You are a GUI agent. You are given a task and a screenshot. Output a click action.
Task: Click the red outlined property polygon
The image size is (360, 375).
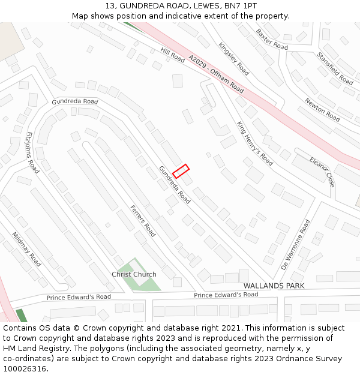pyautogui.click(x=181, y=171)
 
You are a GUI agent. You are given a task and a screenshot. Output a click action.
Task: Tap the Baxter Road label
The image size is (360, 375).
pyautogui.click(x=272, y=38)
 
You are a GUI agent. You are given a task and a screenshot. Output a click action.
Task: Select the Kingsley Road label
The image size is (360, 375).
pyautogui.click(x=233, y=59)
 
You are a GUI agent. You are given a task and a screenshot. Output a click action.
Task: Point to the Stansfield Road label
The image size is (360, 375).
pyautogui.click(x=335, y=68)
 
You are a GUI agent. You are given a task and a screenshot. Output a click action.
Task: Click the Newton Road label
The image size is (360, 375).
pyautogui.click(x=322, y=110)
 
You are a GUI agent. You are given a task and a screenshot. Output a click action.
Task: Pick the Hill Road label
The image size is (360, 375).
pyautogui.click(x=172, y=56)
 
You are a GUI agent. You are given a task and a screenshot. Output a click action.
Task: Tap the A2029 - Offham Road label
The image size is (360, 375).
pyautogui.click(x=216, y=74)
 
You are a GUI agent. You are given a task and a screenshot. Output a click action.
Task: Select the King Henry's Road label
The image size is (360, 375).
pyautogui.click(x=254, y=143)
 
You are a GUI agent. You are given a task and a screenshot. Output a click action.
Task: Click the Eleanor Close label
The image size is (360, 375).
pyautogui.click(x=322, y=172)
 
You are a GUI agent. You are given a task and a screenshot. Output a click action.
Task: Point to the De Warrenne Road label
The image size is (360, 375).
pyautogui.click(x=295, y=244)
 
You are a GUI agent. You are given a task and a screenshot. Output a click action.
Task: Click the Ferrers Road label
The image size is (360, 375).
pyautogui.click(x=143, y=221)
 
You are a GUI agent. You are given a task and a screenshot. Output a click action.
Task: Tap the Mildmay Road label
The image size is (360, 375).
pyautogui.click(x=26, y=250)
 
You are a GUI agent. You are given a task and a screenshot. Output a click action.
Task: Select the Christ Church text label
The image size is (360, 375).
pyautogui.click(x=134, y=274)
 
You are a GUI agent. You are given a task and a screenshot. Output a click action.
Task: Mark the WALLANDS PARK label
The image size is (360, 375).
pyautogui.click(x=274, y=286)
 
